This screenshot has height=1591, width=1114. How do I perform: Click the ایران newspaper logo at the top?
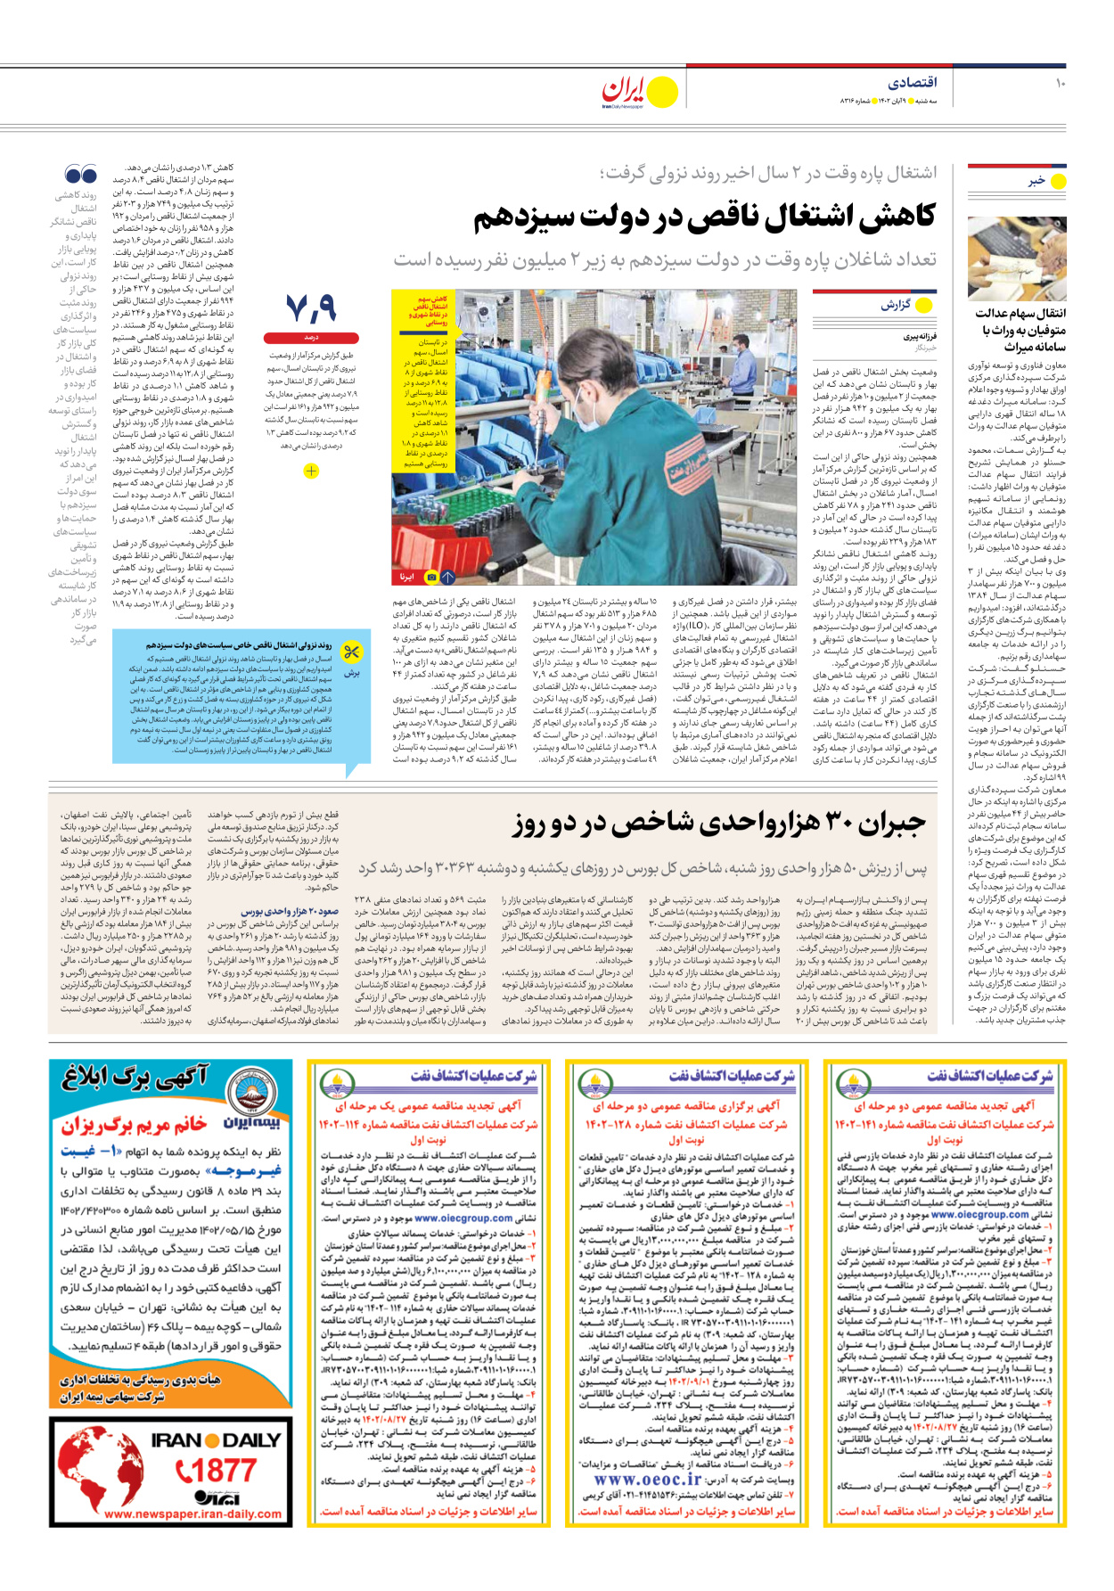[x=623, y=90]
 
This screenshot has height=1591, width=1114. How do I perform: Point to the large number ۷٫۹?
[x=311, y=309]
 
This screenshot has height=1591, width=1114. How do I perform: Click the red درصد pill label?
[x=311, y=338]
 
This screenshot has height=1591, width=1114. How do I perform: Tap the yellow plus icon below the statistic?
[x=311, y=471]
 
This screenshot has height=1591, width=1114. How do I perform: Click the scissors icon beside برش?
[x=352, y=652]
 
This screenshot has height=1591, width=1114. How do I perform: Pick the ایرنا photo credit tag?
[x=407, y=577]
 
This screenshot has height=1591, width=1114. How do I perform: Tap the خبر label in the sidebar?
[x=1036, y=181]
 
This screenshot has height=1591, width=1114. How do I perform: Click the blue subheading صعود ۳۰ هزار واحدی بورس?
[x=291, y=912]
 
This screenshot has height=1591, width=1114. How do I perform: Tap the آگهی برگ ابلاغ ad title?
[x=135, y=1079]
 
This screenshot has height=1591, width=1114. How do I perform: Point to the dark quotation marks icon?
[x=81, y=174]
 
